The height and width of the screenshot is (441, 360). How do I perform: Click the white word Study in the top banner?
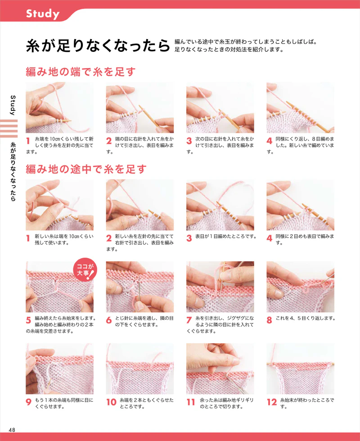tap(43, 14)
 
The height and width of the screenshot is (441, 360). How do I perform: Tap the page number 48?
tap(12, 430)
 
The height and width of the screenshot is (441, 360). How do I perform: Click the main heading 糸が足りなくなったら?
tap(98, 45)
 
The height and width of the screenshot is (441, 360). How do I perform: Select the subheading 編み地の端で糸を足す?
tap(81, 72)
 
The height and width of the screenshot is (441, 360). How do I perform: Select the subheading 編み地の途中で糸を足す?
tap(86, 169)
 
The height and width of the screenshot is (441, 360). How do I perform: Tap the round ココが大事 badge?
tap(85, 270)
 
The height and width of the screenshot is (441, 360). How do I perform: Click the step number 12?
tap(272, 402)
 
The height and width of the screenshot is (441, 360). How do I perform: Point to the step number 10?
tap(111, 402)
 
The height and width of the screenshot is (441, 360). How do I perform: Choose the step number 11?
tap(191, 402)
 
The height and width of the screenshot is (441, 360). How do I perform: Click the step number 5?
tap(28, 320)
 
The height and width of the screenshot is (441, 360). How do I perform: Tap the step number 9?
tap(28, 402)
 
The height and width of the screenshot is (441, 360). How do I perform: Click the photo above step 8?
tap(301, 286)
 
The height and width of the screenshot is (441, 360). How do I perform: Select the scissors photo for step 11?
tap(220, 369)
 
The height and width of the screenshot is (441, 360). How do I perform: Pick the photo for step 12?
tap(301, 369)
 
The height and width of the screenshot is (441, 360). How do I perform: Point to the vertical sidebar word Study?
tap(13, 105)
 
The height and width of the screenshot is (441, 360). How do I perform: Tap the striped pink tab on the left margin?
tap(9, 128)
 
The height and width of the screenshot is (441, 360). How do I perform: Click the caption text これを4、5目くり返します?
tap(306, 318)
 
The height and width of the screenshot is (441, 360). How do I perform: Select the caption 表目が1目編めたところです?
tap(225, 236)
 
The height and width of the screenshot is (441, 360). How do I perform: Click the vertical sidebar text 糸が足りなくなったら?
tap(13, 172)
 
